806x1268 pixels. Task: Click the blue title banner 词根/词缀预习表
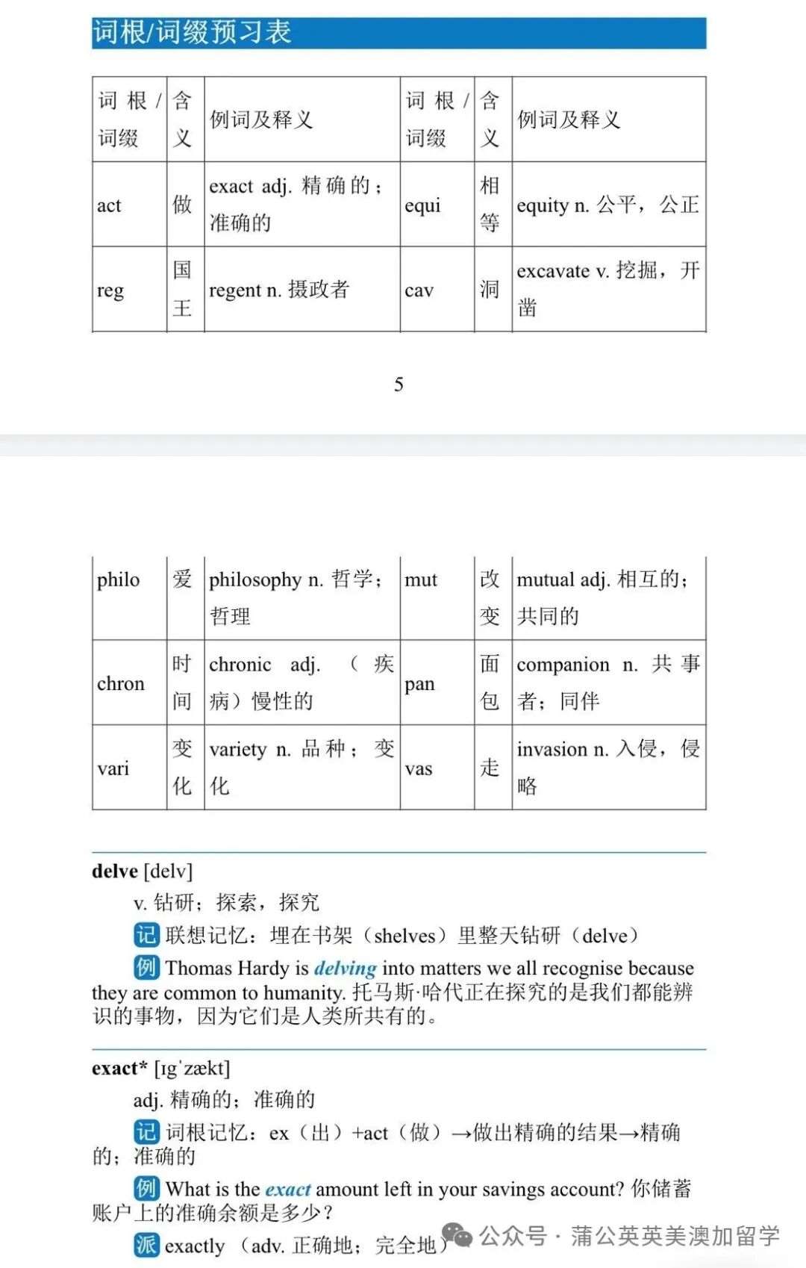399,34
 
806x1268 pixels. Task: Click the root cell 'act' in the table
109,205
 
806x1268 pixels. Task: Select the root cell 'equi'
422,205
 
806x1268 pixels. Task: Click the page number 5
399,385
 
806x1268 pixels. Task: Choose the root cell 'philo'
119,580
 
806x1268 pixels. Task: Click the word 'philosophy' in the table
255,580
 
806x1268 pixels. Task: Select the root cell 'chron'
121,683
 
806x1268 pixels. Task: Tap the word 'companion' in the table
563,665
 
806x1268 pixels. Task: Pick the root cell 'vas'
419,768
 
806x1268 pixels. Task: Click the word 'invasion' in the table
552,749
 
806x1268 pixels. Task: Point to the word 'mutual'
545,580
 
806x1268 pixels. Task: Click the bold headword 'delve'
115,871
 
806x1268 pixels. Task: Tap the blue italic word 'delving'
345,969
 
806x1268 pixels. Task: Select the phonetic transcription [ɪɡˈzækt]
192,1069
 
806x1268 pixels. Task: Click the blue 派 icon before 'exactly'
146,1244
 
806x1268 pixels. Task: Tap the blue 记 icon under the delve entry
146,935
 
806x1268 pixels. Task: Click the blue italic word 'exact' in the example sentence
287,1189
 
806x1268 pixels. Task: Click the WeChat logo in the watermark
458,1236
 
